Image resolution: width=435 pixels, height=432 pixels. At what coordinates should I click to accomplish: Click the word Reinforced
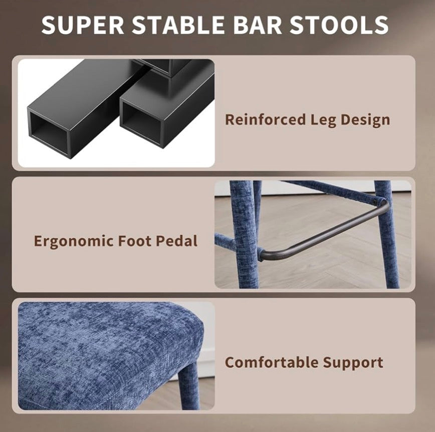(265, 120)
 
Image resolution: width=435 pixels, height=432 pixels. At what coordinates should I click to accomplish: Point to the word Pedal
(177, 240)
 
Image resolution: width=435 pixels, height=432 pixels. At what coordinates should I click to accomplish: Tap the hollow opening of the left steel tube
(49, 132)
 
